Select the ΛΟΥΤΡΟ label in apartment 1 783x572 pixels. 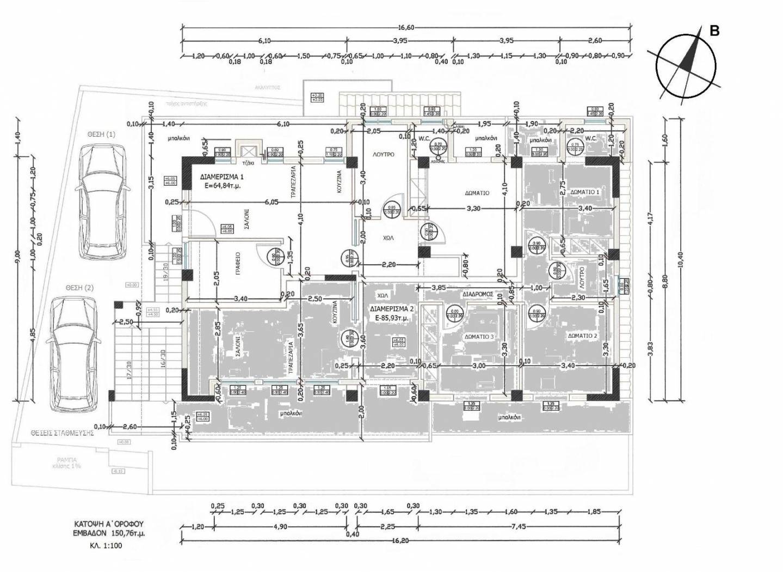pos(383,155)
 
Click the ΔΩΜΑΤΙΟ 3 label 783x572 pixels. pos(479,337)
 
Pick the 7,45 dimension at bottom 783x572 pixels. pos(517,526)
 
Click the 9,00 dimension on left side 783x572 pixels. pos(17,253)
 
